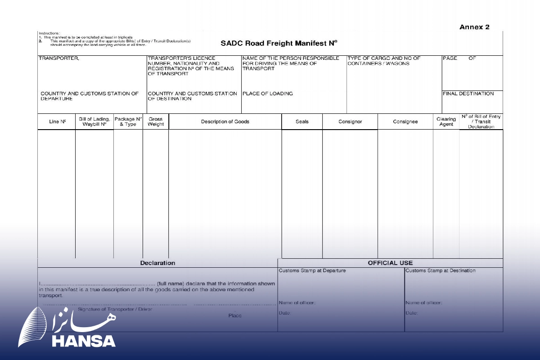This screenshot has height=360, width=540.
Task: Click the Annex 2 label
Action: pos(474,27)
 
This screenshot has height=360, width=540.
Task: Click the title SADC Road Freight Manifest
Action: pos(279,44)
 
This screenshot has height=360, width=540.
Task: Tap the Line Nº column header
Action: pos(57,121)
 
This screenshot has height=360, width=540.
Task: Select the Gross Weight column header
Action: pos(156,122)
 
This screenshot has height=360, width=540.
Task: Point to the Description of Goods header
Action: pos(225,121)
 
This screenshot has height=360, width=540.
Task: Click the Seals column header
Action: pos(302,121)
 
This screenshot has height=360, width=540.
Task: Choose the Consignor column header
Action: pos(350,121)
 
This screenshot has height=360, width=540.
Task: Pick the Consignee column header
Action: pos(405,121)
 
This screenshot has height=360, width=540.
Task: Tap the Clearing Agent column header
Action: pos(446,122)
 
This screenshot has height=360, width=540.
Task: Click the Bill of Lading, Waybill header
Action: pos(94,121)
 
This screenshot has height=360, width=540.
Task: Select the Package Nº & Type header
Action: pos(128,121)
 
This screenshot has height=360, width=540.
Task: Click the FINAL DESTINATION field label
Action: pos(468,94)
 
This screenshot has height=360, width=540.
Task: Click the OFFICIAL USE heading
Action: pos(390,263)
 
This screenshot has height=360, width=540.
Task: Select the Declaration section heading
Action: pos(157,263)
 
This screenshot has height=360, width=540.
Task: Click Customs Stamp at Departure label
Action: pos(312,270)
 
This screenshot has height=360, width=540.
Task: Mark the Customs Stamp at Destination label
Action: pos(440,270)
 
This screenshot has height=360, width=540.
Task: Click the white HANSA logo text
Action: pos(84,341)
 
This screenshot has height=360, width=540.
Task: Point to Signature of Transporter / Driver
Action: pos(115,309)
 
